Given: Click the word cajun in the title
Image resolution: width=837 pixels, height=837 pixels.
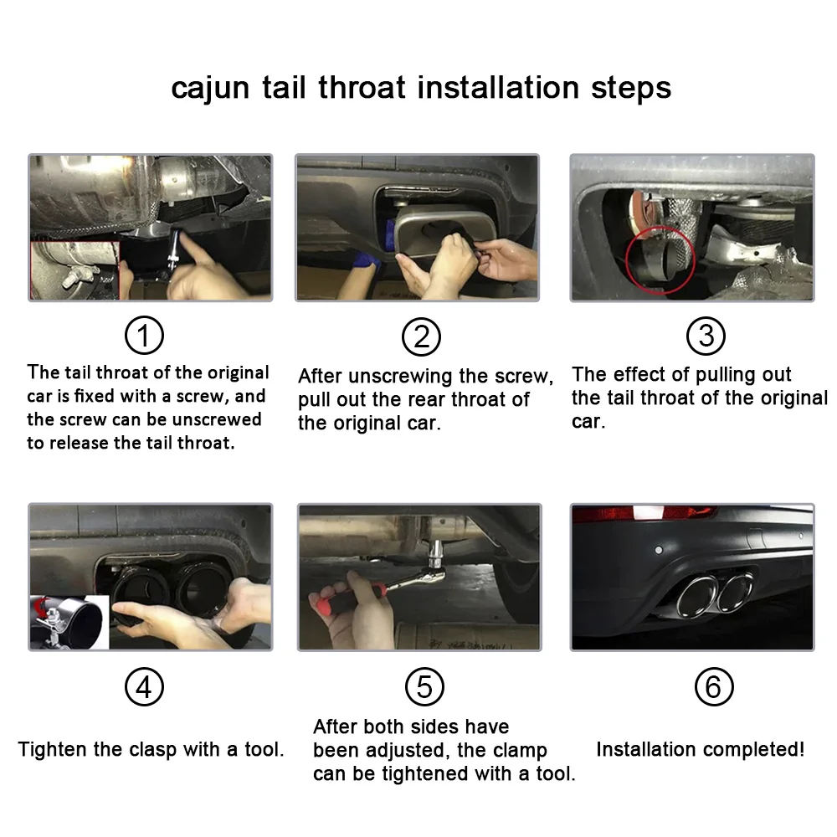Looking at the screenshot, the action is tap(210, 89).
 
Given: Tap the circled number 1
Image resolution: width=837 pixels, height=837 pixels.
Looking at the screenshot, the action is tap(144, 336).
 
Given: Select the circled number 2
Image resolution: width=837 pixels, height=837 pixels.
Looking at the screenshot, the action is tap(421, 336).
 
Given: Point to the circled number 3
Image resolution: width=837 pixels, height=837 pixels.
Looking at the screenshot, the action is tap(706, 336).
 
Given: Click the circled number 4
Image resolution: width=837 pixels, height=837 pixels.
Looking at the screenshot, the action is tap(144, 687).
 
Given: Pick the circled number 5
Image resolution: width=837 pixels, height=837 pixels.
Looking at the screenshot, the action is tap(424, 686).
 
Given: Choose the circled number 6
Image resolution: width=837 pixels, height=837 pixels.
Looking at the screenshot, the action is tap(714, 686).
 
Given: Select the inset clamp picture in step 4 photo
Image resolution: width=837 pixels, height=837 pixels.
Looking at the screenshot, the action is tap(69, 623).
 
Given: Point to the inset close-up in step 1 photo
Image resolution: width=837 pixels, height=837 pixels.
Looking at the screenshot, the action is tap(74, 270).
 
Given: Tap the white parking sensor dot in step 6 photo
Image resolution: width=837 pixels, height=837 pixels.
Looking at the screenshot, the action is tap(659, 550).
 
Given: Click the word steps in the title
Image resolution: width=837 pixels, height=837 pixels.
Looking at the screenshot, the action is tap(631, 89).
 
